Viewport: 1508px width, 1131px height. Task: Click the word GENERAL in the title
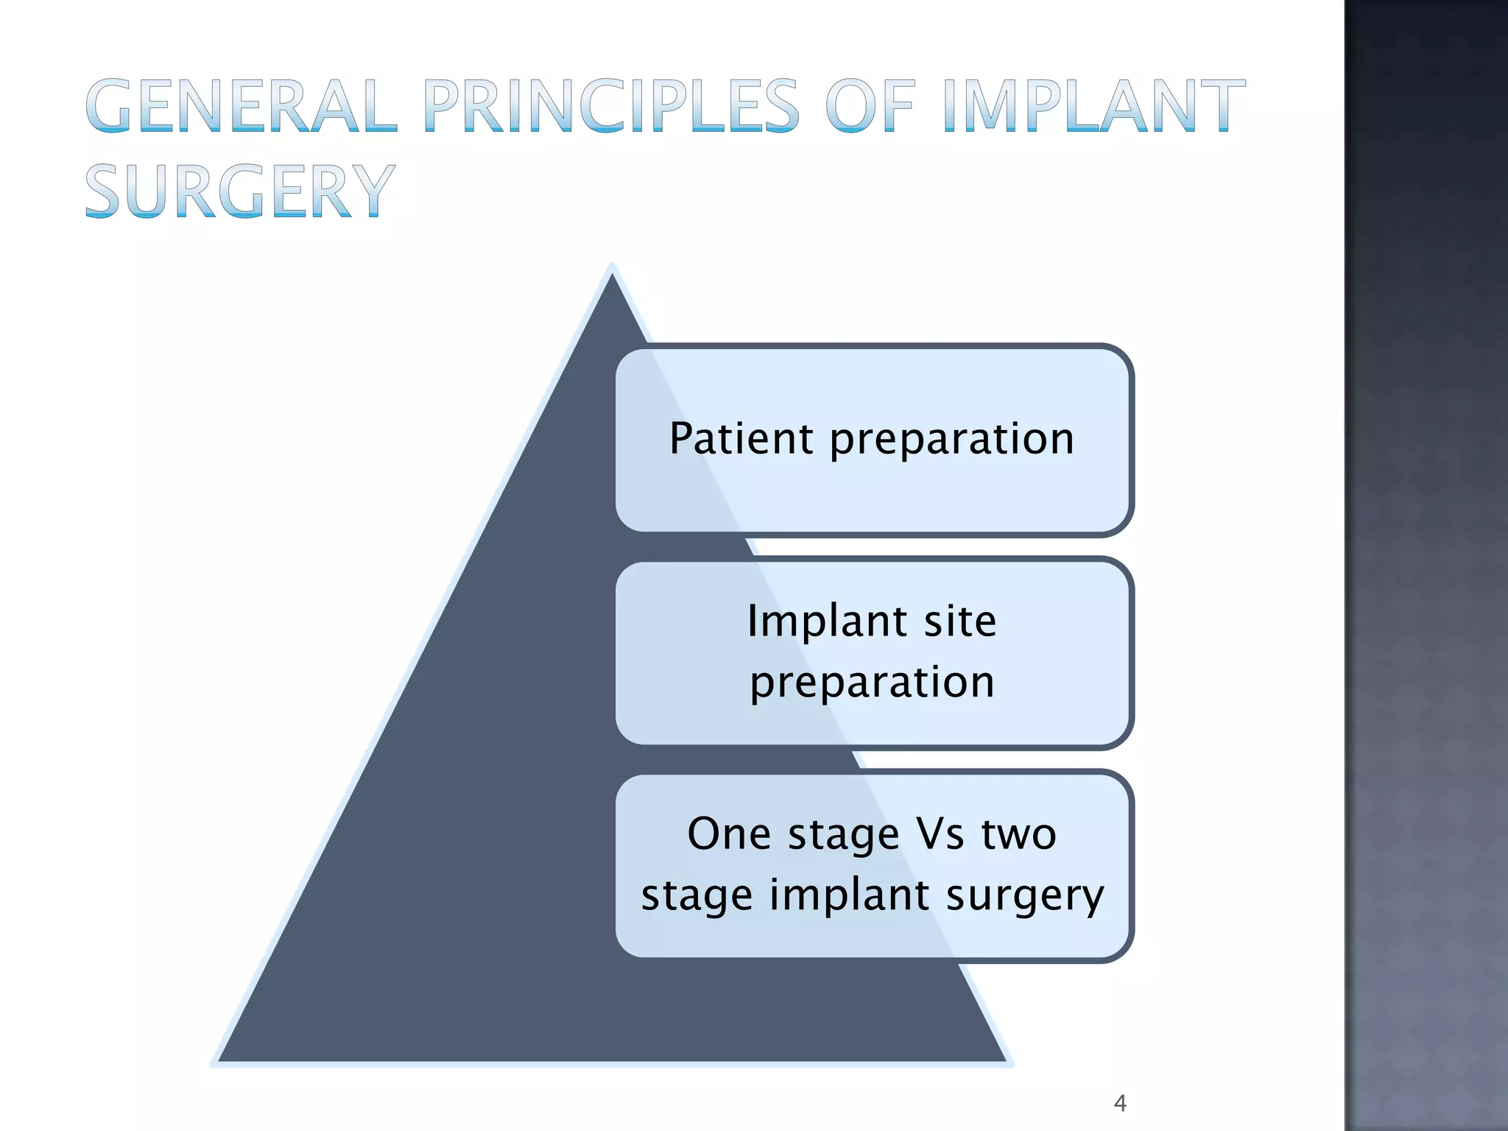pyautogui.click(x=242, y=107)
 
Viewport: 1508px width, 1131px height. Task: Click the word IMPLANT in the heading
pyautogui.click(x=1094, y=107)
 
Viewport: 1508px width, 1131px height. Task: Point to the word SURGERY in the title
pyautogui.click(x=240, y=192)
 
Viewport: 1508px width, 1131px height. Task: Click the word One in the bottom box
pyautogui.click(x=729, y=834)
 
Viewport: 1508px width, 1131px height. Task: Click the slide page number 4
pyautogui.click(x=1120, y=1103)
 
